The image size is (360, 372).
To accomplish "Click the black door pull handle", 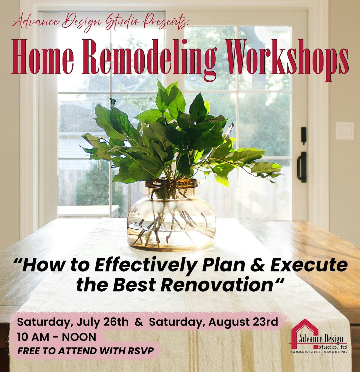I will (x=302, y=167).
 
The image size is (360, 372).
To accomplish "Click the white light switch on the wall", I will (x=345, y=131).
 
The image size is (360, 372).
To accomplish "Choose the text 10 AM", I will (x=32, y=337).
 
